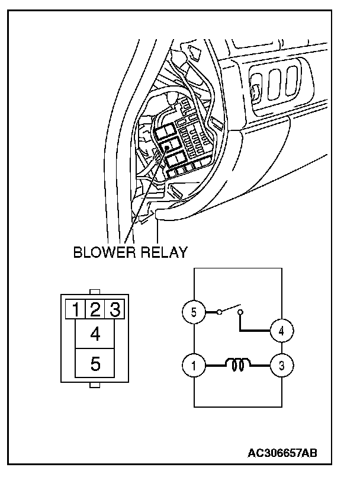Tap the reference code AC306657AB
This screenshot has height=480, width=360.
point(282,453)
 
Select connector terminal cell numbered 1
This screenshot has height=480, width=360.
point(75,309)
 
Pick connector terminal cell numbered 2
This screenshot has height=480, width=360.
point(95,309)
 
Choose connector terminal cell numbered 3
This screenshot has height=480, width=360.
point(115,309)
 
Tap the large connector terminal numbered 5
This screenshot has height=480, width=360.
point(95,363)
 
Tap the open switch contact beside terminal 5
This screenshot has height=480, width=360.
point(230,309)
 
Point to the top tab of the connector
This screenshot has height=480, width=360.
point(95,292)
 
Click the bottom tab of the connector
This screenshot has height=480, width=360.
point(95,385)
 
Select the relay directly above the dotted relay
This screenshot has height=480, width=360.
point(166,130)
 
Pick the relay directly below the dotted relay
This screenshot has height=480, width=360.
point(176,159)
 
